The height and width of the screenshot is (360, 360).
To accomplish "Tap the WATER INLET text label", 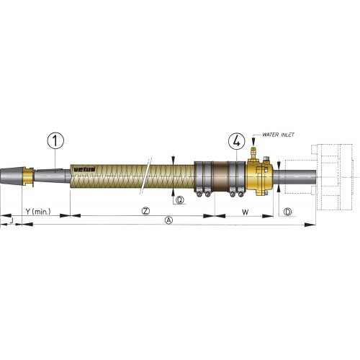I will (x=277, y=135).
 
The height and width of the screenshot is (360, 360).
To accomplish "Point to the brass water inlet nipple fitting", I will (x=253, y=153).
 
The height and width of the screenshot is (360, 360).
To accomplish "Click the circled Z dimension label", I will (x=145, y=211).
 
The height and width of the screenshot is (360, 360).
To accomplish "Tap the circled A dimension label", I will (x=168, y=220).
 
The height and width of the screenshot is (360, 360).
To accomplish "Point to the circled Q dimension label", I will (x=179, y=199).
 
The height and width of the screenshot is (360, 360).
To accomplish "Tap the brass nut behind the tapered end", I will (x=27, y=177).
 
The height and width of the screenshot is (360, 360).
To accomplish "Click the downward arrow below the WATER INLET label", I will (x=253, y=143).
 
